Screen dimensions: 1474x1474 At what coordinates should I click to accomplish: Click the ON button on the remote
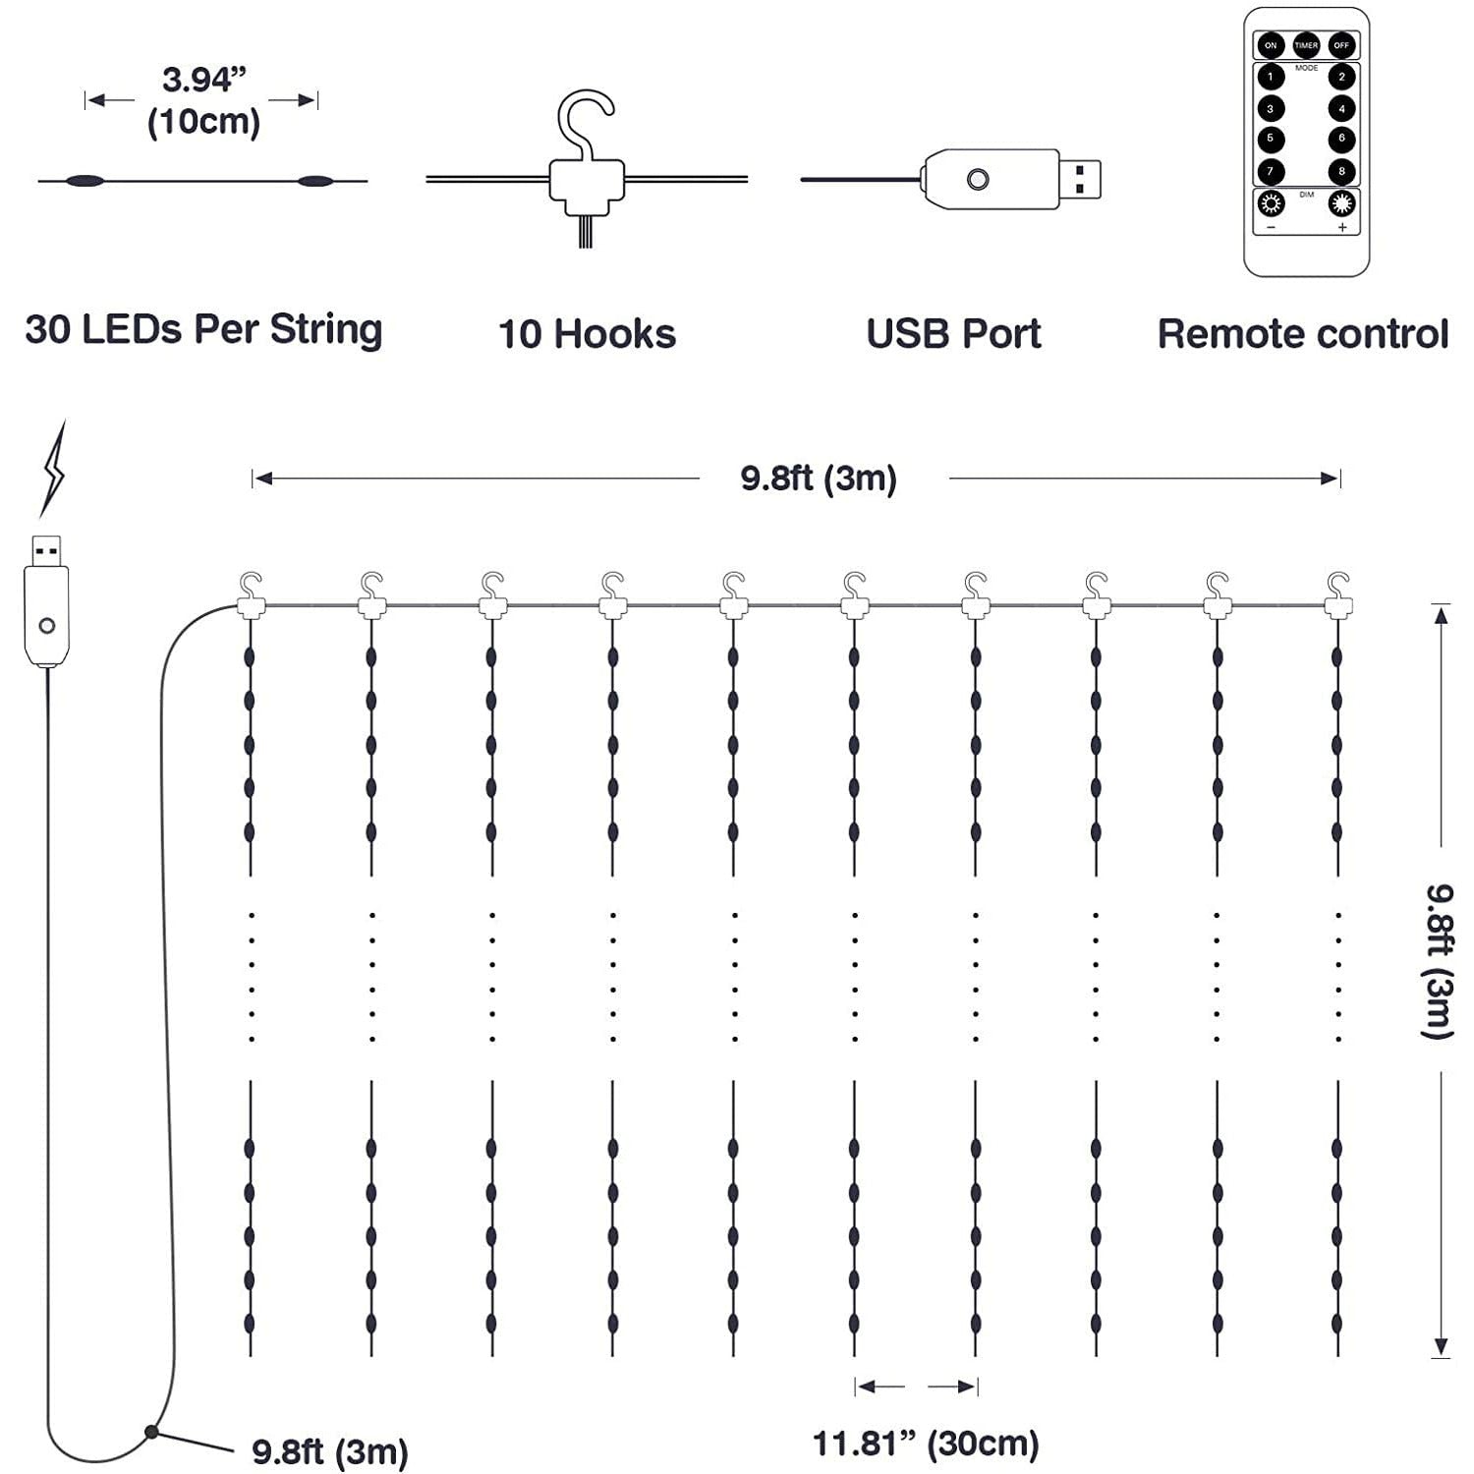pyautogui.click(x=1271, y=45)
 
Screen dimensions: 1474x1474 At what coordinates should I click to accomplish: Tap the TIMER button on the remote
pyautogui.click(x=1306, y=45)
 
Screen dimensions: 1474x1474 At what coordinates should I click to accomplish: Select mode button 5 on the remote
pyautogui.click(x=1271, y=139)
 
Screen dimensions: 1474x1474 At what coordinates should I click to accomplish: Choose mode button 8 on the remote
pyautogui.click(x=1341, y=171)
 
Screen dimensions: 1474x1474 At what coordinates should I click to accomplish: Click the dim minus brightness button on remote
pyautogui.click(x=1272, y=204)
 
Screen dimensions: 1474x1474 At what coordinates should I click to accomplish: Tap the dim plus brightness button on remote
pyautogui.click(x=1341, y=204)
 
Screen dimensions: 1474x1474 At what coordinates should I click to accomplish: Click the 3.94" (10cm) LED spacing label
pyautogui.click(x=203, y=100)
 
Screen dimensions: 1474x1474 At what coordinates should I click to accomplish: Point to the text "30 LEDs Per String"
pyautogui.click(x=203, y=330)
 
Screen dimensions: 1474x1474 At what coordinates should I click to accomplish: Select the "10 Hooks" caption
pyautogui.click(x=587, y=334)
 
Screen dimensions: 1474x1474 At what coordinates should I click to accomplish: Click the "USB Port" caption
pyautogui.click(x=953, y=334)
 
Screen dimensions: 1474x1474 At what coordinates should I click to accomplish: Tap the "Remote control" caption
pyautogui.click(x=1303, y=334)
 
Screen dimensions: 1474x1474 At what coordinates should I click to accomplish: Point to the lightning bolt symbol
pyautogui.click(x=53, y=470)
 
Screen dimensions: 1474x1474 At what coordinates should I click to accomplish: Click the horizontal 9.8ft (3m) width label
pyautogui.click(x=819, y=479)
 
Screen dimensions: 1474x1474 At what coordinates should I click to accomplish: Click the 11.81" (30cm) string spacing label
pyautogui.click(x=926, y=1444)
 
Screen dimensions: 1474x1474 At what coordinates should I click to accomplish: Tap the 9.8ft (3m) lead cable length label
pyautogui.click(x=330, y=1451)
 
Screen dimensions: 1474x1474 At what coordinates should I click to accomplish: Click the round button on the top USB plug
pyautogui.click(x=978, y=180)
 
